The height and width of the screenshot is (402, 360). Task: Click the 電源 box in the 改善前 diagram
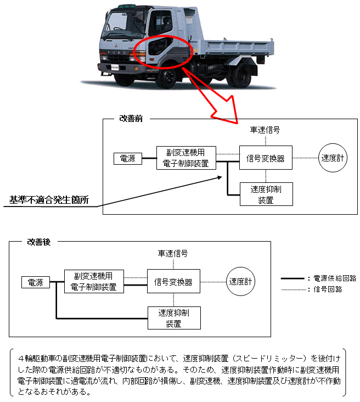click(127, 159)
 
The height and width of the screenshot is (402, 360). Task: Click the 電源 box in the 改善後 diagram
click(36, 282)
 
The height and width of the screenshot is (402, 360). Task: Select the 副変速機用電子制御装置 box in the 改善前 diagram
click(186, 158)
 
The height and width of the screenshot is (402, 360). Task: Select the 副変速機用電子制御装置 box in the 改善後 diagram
click(94, 281)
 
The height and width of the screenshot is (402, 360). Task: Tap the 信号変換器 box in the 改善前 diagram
click(266, 158)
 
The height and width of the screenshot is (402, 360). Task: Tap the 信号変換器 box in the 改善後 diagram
click(173, 282)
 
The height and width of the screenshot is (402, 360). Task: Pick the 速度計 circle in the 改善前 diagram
click(333, 158)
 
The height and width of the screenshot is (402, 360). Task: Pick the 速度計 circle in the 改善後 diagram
click(240, 282)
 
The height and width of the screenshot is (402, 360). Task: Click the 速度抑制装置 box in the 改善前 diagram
click(266, 195)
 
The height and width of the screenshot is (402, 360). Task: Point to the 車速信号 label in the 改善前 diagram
click(266, 130)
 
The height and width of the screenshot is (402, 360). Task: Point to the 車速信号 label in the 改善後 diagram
click(173, 253)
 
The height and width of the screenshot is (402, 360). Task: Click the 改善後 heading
click(38, 242)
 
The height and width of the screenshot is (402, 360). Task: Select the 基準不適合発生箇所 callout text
click(48, 199)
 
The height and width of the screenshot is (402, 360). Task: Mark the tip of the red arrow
click(237, 122)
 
